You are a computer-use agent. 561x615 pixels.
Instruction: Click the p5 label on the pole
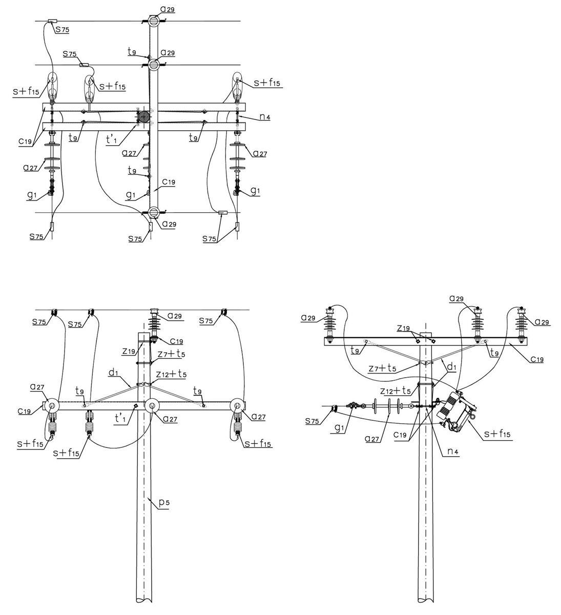pyautogui.click(x=164, y=502)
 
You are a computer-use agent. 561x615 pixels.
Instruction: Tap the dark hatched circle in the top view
pyautogui.click(x=143, y=117)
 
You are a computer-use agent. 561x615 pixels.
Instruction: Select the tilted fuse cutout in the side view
pyautogui.click(x=456, y=412)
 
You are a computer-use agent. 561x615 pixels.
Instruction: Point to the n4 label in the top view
pyautogui.click(x=264, y=116)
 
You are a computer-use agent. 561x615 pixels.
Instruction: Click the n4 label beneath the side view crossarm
pyautogui.click(x=453, y=451)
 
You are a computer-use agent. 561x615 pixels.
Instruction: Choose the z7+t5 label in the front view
pyautogui.click(x=171, y=354)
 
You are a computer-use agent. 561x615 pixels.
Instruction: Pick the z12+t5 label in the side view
pyautogui.click(x=395, y=391)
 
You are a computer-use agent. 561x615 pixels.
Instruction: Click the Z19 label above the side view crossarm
pyautogui.click(x=403, y=328)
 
